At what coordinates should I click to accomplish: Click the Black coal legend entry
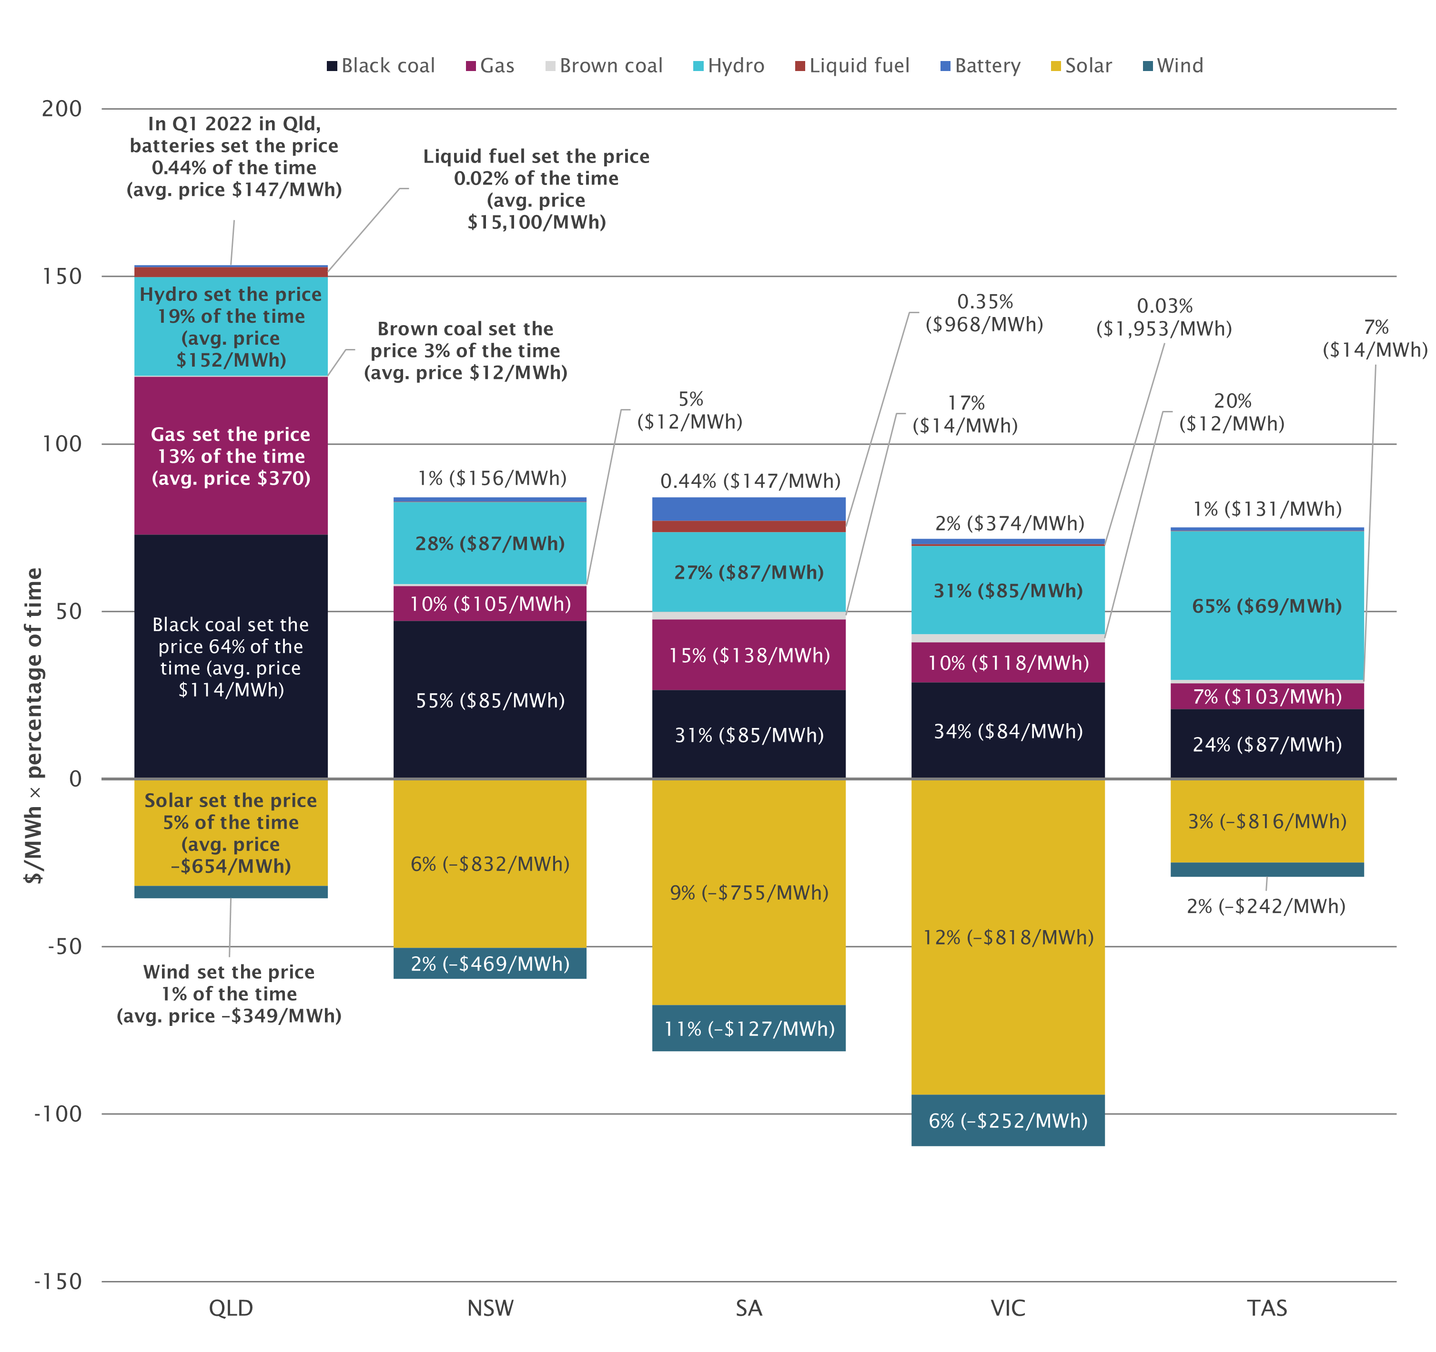coord(381,66)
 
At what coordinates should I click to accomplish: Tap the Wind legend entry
coord(1173,66)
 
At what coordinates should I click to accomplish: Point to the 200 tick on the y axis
coord(62,109)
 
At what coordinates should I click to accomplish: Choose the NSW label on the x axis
coord(490,1308)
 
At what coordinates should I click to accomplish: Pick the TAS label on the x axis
coord(1267,1308)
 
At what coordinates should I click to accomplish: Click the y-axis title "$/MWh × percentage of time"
coord(33,726)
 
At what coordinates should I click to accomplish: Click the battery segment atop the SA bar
coord(748,509)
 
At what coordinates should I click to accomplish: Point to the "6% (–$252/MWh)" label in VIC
coord(1008,1121)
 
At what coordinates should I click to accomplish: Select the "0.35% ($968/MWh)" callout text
coord(984,313)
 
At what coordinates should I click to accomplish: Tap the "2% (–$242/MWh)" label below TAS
coord(1265,906)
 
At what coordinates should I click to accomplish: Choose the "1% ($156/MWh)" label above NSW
coord(492,478)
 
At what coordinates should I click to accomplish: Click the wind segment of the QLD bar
coord(231,891)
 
